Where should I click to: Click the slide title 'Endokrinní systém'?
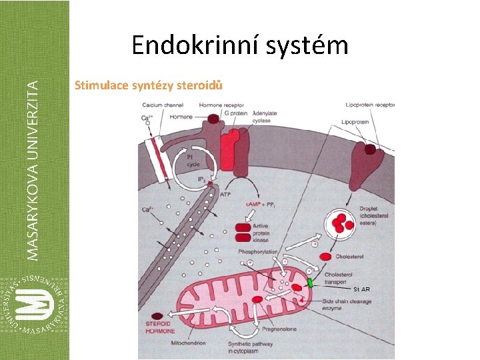[239, 45]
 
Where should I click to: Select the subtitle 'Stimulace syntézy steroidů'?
[149, 85]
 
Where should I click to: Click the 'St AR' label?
[361, 289]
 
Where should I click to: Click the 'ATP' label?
[225, 194]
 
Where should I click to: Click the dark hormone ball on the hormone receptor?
[214, 119]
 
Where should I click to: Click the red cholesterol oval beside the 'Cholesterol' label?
[326, 257]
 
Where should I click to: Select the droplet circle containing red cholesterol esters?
[341, 224]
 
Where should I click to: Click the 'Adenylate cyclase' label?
[264, 117]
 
